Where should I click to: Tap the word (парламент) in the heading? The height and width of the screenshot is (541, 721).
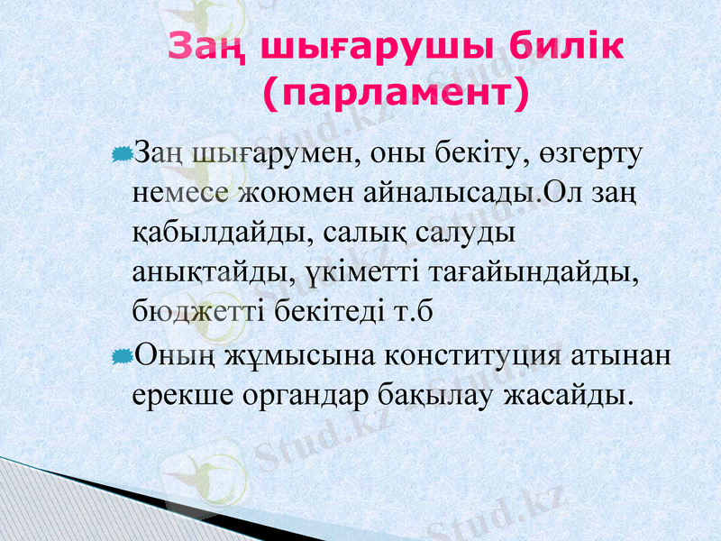click(394, 91)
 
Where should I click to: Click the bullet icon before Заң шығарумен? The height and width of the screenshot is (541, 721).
click(122, 157)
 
